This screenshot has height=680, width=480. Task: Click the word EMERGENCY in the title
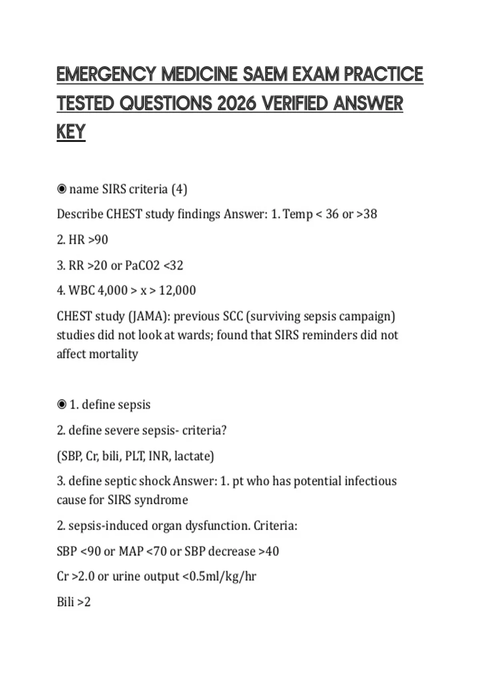[106, 74]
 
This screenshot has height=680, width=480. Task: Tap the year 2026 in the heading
[237, 104]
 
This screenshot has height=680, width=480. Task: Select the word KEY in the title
[71, 132]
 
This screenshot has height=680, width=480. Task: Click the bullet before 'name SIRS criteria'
[62, 189]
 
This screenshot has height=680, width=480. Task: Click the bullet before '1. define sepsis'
[62, 405]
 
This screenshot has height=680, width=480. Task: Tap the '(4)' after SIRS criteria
[179, 189]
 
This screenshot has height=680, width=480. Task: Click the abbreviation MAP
[131, 551]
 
